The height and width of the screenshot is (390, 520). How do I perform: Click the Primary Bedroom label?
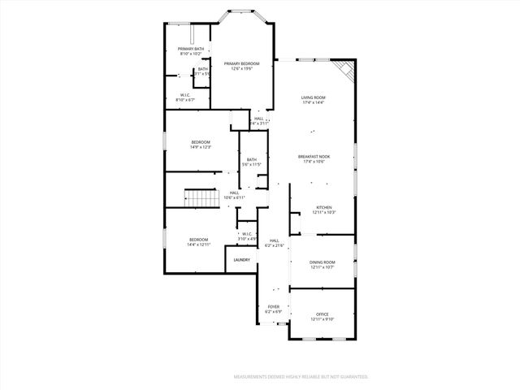pyautogui.click(x=242, y=63)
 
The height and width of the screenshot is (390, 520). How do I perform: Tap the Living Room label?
pyautogui.click(x=313, y=97)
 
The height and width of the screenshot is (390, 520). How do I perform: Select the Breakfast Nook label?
pyautogui.click(x=313, y=156)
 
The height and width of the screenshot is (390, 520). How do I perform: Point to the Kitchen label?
pyautogui.click(x=323, y=207)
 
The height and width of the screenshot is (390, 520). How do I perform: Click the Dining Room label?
pyautogui.click(x=322, y=262)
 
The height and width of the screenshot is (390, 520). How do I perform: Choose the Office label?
pyautogui.click(x=322, y=314)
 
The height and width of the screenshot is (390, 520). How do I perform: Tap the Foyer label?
pyautogui.click(x=273, y=306)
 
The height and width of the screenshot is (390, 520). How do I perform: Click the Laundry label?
pyautogui.click(x=241, y=260)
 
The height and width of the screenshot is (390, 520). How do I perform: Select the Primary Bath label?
pyautogui.click(x=191, y=50)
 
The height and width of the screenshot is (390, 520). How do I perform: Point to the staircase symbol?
pyautogui.click(x=198, y=197)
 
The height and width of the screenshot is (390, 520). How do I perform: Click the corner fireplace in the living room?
pyautogui.click(x=347, y=71)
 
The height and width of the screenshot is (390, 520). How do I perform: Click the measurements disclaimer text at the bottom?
pyautogui.click(x=301, y=377)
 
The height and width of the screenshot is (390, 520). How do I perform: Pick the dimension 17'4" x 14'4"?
pyautogui.click(x=313, y=102)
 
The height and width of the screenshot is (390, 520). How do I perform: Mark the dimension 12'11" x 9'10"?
pyautogui.click(x=322, y=319)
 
